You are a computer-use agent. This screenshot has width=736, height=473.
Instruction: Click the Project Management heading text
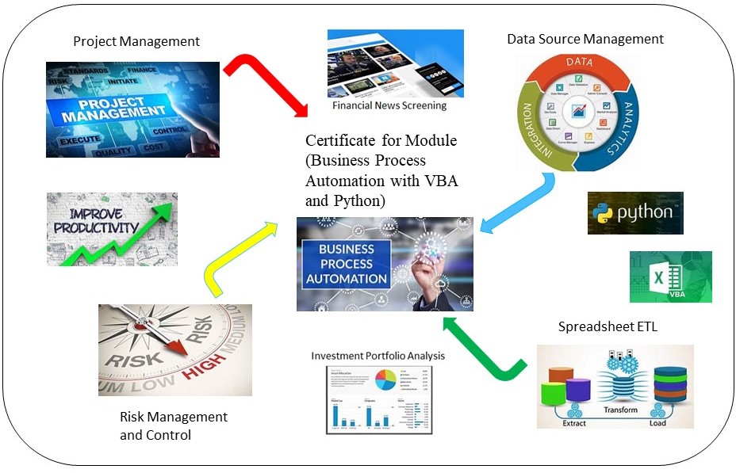pos(136,41)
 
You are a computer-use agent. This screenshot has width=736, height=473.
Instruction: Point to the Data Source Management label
pos(585,38)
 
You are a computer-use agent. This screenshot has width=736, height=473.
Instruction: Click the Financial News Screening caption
pos(389,105)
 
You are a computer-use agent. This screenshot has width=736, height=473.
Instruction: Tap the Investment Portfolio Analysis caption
pos(378,356)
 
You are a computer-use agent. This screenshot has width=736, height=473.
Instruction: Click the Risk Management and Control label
pos(174,425)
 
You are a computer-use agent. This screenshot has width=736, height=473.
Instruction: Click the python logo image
pos(635,212)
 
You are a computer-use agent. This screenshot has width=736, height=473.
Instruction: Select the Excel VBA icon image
pos(670,277)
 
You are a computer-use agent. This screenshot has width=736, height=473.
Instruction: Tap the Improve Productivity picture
pos(112,229)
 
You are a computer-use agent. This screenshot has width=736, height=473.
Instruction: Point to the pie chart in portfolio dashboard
pos(385,379)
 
